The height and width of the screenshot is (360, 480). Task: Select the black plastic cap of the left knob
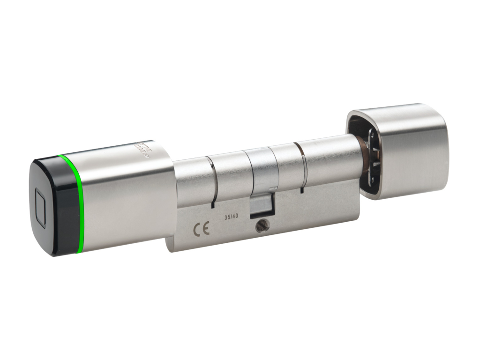[52, 206]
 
